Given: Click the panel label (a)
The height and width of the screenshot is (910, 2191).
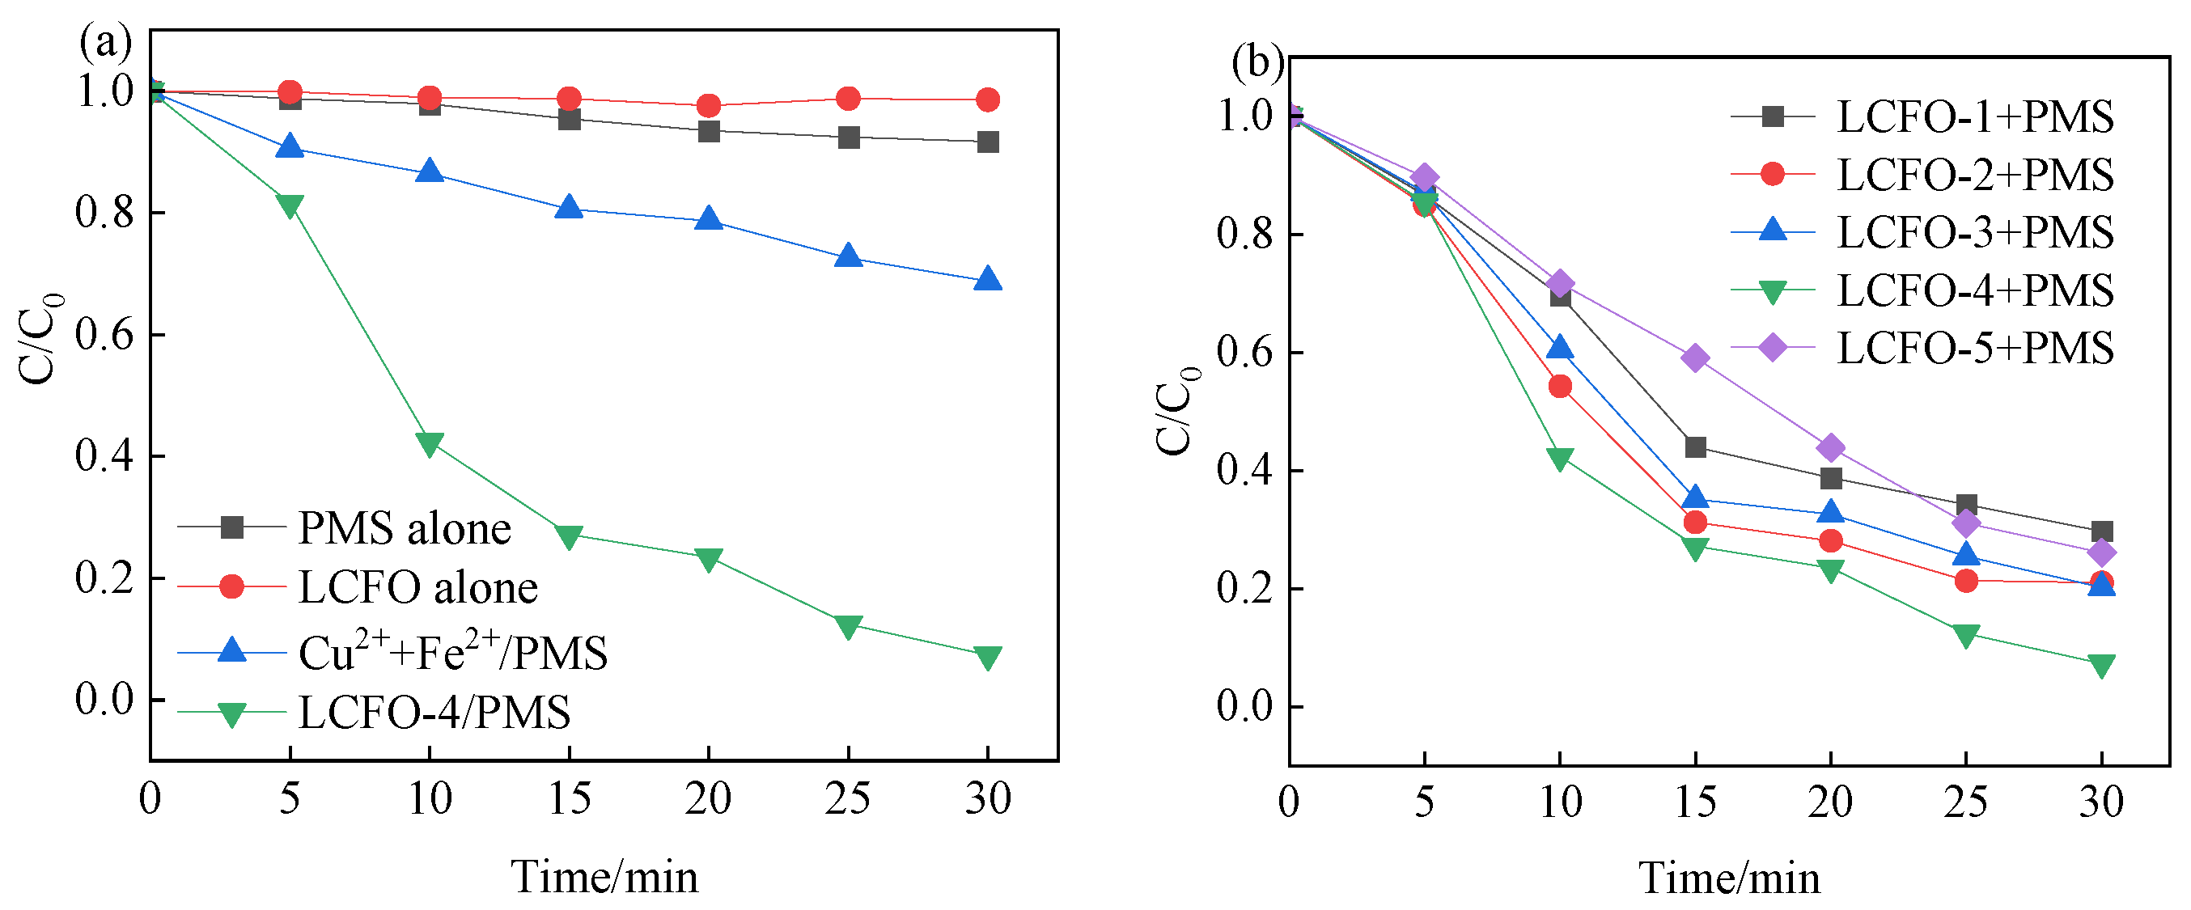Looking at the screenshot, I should click(105, 43).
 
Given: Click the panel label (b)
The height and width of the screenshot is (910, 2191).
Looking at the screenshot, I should click(1258, 64).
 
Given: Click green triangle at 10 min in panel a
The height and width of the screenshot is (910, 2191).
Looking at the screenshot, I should click(430, 443).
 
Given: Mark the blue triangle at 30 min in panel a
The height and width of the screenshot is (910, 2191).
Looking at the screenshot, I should click(987, 279).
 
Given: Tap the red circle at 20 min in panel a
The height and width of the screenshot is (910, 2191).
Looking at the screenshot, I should click(709, 105).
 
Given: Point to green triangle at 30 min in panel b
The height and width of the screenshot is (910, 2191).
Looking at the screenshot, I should click(2101, 665).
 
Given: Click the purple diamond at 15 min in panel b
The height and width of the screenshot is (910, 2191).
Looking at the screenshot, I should click(1695, 358).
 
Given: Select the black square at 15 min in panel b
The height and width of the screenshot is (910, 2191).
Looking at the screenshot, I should click(1695, 447).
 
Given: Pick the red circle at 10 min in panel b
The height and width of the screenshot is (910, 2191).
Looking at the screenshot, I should click(1560, 387).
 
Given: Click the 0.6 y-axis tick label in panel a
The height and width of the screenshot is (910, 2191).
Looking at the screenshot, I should click(104, 335).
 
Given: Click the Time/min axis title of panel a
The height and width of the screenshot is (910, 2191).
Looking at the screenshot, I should click(604, 878).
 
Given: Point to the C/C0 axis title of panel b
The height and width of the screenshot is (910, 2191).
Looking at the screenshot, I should click(1176, 412).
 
